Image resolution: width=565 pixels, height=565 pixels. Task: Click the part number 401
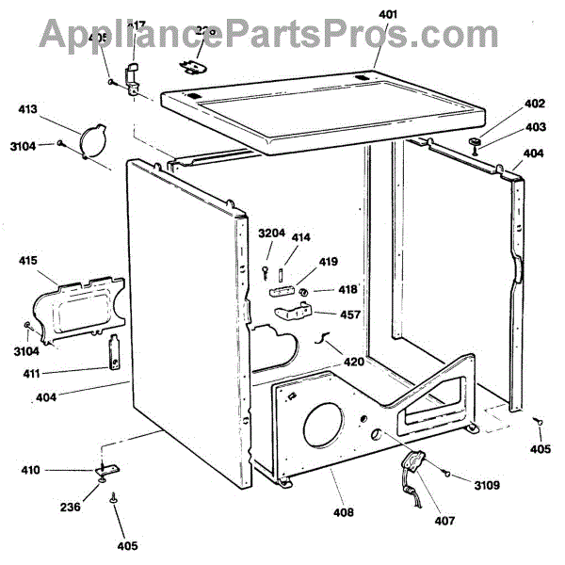click(x=390, y=15)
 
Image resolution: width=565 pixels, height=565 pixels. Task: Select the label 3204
click(x=271, y=234)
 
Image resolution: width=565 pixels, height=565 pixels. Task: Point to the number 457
click(x=350, y=316)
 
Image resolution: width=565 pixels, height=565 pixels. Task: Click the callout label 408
click(x=343, y=512)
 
